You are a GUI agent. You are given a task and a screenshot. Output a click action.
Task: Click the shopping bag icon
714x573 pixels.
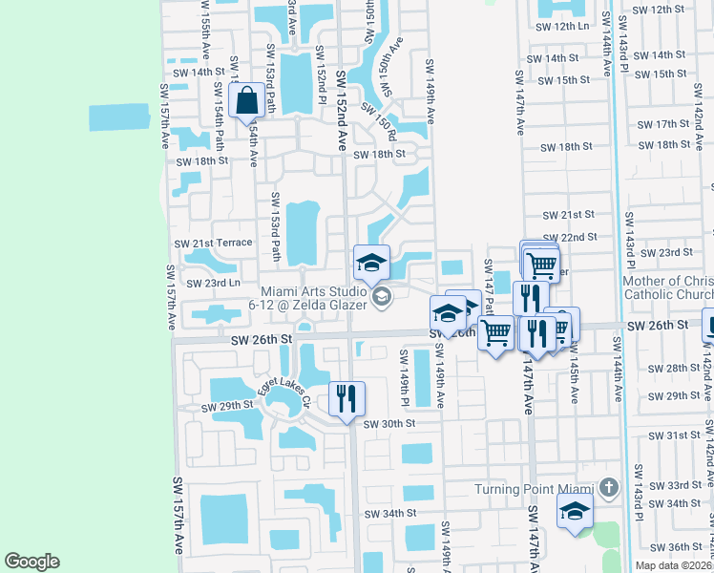tap(246, 100)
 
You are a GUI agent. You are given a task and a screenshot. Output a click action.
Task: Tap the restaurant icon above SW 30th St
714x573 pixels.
tap(347, 397)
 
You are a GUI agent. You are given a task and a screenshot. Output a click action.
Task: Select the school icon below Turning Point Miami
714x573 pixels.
tap(575, 511)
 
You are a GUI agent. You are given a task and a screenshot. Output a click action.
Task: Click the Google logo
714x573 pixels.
tap(32, 562)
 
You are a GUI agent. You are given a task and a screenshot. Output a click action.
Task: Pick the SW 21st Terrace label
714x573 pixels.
tap(213, 244)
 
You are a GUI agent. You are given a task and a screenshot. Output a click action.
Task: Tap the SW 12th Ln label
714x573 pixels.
tap(563, 27)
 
